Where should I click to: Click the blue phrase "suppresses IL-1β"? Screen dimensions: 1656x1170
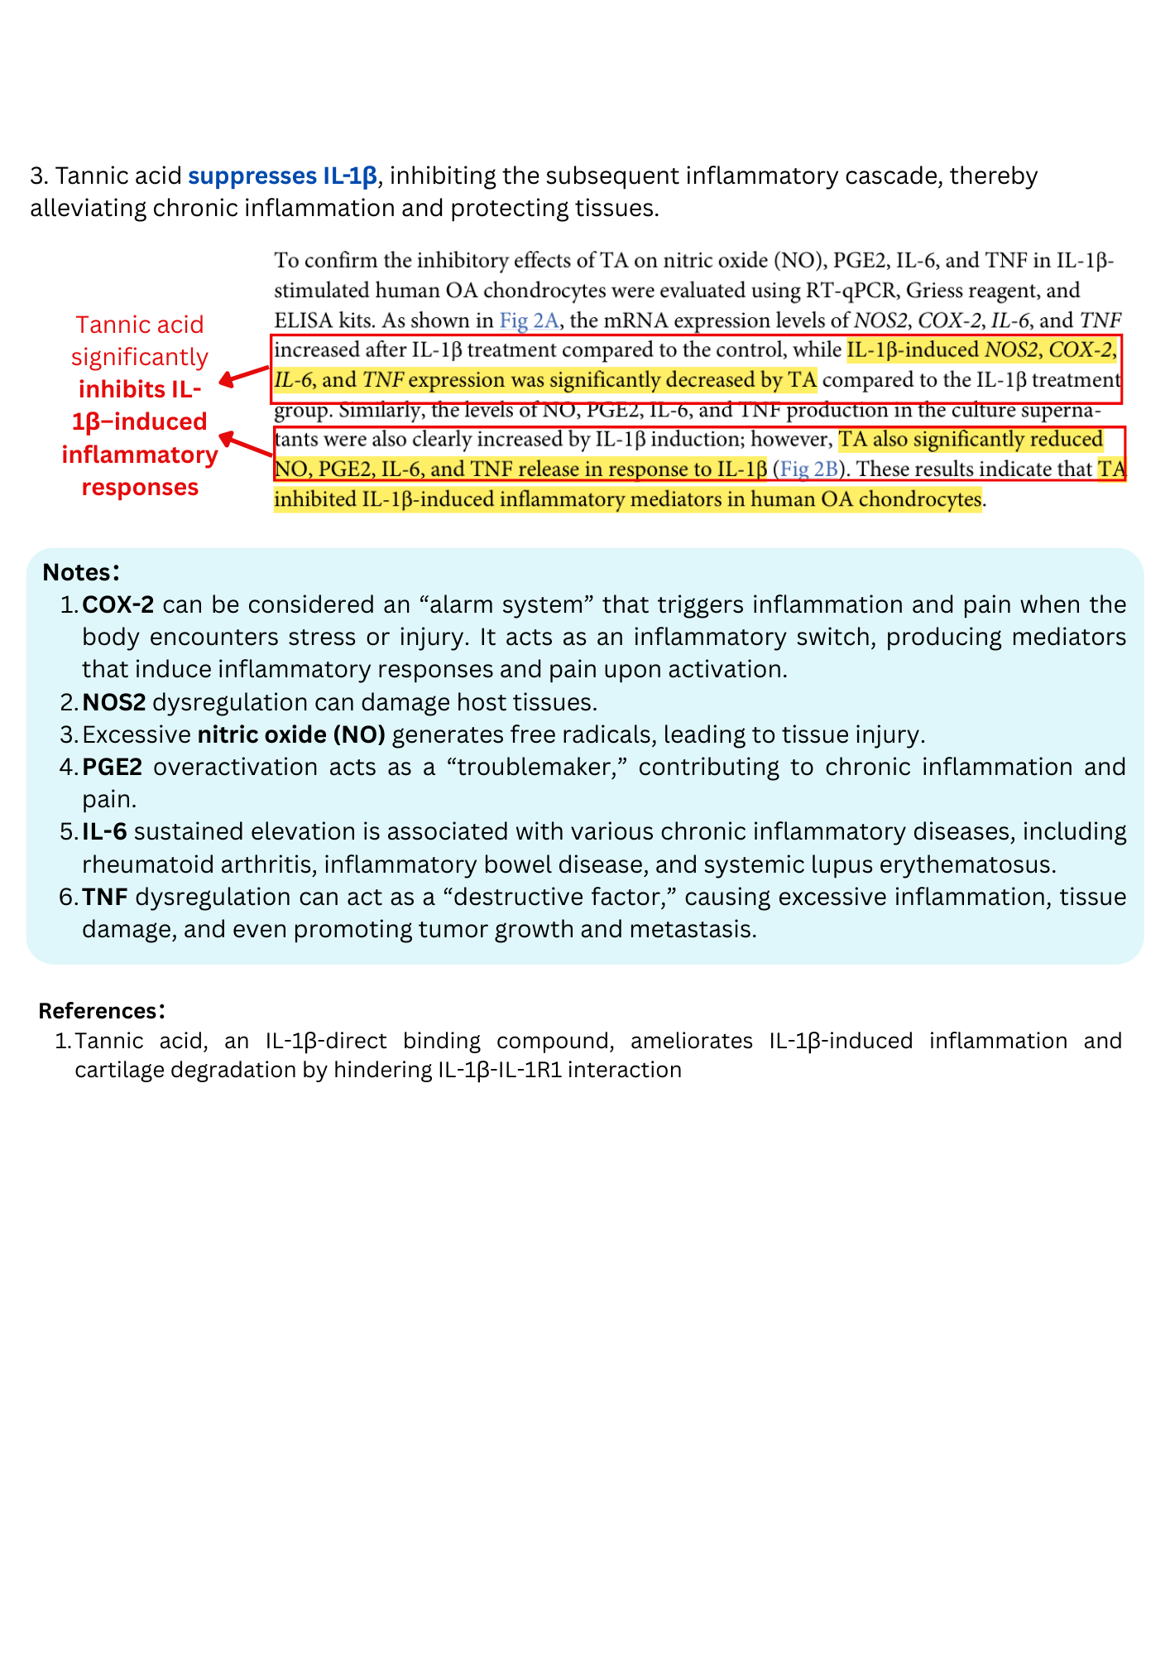[282, 176]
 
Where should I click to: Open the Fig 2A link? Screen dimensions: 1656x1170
[529, 320]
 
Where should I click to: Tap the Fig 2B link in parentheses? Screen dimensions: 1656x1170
[808, 469]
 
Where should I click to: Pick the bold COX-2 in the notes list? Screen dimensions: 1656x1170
[117, 605]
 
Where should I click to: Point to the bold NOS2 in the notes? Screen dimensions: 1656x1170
[114, 703]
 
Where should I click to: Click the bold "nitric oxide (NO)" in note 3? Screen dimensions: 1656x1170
[291, 735]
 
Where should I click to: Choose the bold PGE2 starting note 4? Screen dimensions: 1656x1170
[113, 768]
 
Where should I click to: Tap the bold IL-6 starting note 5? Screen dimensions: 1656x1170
[104, 832]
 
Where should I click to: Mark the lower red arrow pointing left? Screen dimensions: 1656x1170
[246, 445]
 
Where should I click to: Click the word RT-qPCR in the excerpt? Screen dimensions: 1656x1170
[856, 291]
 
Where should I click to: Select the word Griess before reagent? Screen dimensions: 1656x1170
[939, 291]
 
